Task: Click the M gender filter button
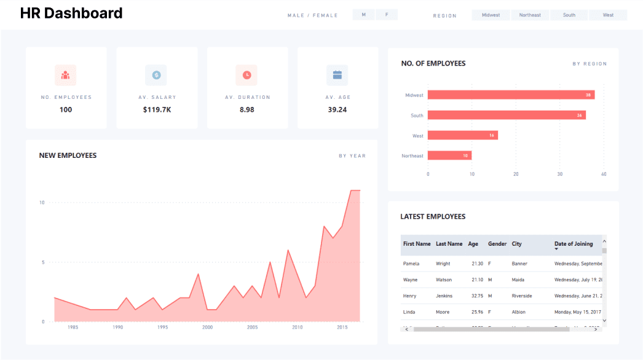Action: (x=364, y=15)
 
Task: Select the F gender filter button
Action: (x=387, y=15)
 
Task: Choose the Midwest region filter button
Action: (x=491, y=15)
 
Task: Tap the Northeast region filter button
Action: (x=530, y=15)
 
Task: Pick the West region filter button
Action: (x=608, y=15)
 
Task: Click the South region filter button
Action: (x=569, y=15)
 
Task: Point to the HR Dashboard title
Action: (x=71, y=13)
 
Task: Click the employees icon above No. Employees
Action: (x=65, y=75)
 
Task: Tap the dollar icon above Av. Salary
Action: (x=156, y=75)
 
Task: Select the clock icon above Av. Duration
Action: (x=247, y=75)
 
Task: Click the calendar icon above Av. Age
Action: (x=337, y=75)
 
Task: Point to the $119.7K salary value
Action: (x=157, y=110)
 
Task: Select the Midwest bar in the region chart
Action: (x=511, y=95)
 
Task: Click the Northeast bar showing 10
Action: (x=449, y=155)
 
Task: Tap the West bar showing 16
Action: (x=462, y=135)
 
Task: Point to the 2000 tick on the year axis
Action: (x=208, y=327)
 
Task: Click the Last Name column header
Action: (x=449, y=244)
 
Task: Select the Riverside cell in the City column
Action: (x=522, y=296)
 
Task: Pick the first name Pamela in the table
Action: (x=411, y=264)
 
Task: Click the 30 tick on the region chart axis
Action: (x=559, y=174)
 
